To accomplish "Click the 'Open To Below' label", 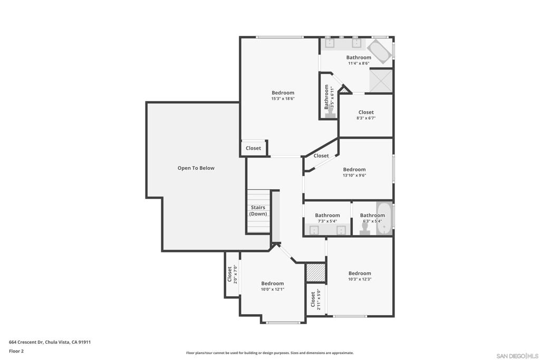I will [196, 168].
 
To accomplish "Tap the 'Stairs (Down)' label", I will [258, 211].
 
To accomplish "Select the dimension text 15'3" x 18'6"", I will [283, 99].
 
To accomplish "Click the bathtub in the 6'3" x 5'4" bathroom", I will [384, 218].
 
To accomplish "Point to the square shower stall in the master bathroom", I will [380, 81].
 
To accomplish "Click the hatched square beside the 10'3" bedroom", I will [315, 273].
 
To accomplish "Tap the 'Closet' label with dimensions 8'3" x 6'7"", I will [366, 112].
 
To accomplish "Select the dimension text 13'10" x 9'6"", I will [354, 176].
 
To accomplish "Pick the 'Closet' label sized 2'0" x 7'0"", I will [229, 274].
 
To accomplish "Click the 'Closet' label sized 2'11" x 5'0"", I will [313, 299].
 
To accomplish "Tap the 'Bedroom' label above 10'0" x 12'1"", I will [272, 284].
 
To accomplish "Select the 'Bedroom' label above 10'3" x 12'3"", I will [360, 273].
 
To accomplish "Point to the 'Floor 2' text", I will [16, 351].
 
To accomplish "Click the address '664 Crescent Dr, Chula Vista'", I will [50, 342].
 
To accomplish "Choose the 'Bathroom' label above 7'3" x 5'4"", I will [327, 215].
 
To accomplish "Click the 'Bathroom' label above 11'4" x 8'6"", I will [359, 57].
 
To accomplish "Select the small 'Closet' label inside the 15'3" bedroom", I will [253, 148].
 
